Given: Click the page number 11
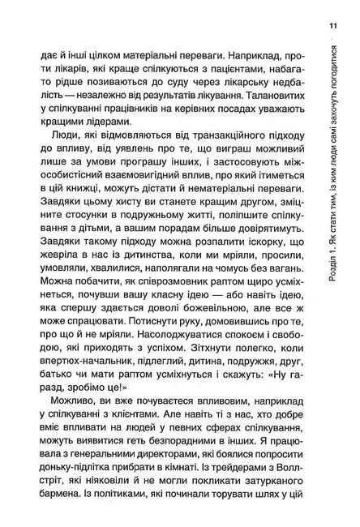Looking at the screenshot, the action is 333,30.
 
